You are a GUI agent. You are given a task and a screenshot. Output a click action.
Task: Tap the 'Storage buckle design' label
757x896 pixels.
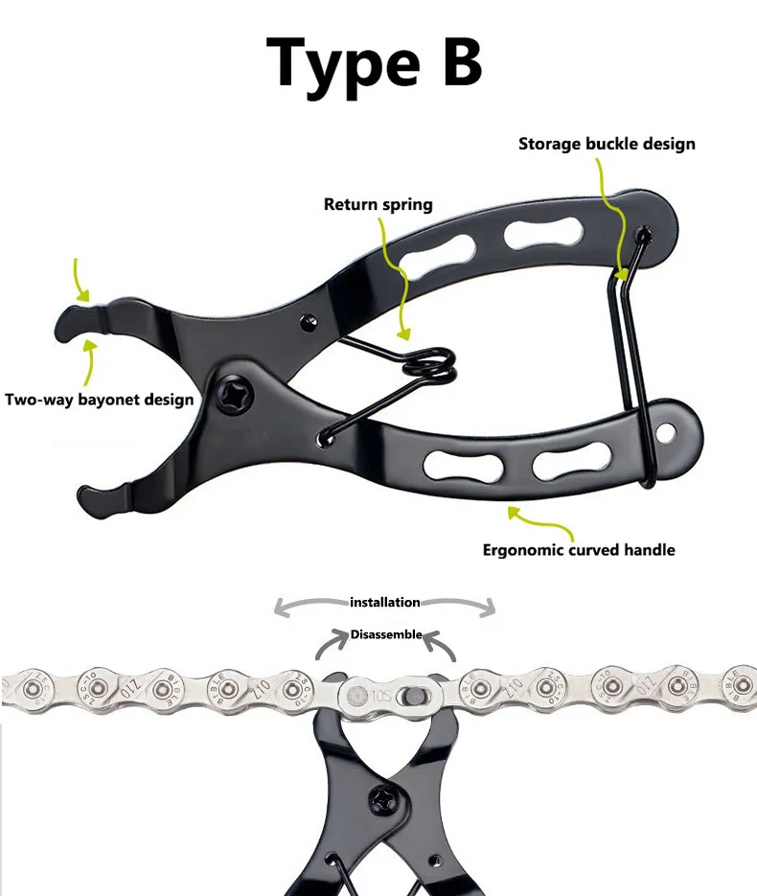pos(607,144)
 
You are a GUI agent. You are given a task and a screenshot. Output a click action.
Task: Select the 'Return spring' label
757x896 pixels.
pos(378,204)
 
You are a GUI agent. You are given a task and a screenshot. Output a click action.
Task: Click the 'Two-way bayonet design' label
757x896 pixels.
pos(100,400)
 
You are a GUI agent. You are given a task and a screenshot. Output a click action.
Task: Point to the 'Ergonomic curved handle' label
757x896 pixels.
pos(579,550)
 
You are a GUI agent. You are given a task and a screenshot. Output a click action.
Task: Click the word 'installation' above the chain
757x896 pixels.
pos(384,602)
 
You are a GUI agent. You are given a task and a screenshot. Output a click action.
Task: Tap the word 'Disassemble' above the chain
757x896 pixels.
pos(385,633)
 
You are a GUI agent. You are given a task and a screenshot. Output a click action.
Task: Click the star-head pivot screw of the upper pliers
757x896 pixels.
pos(237,395)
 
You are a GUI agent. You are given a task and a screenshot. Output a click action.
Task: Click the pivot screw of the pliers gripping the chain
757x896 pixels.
pos(388,797)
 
